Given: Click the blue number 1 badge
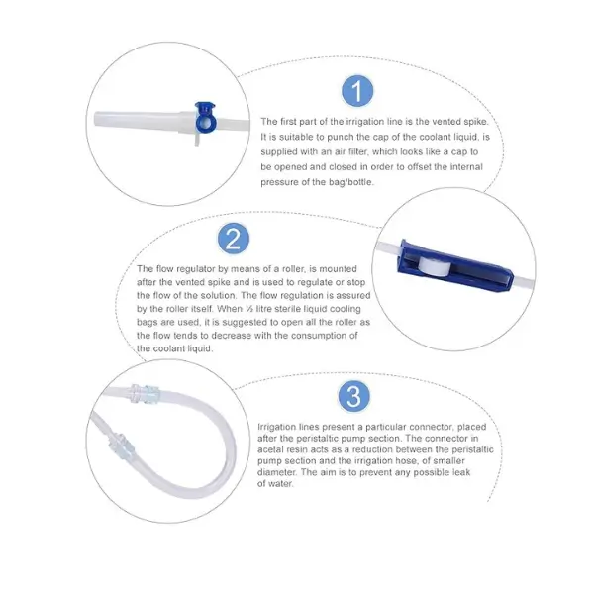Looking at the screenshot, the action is pos(357,91).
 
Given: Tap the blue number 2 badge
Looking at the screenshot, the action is pos(234,239).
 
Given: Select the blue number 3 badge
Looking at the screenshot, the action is pos(353,396).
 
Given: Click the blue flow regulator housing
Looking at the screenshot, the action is pos(454,265).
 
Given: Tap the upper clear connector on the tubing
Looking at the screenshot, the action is pos(146,394).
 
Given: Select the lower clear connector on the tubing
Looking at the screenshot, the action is pos(122,445).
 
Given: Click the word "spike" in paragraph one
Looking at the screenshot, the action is pos(475,122).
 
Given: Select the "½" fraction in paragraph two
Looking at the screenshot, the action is pos(249,309).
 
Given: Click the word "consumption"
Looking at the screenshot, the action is pos(319,336).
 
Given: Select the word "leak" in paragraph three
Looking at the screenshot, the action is pos(461,472).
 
